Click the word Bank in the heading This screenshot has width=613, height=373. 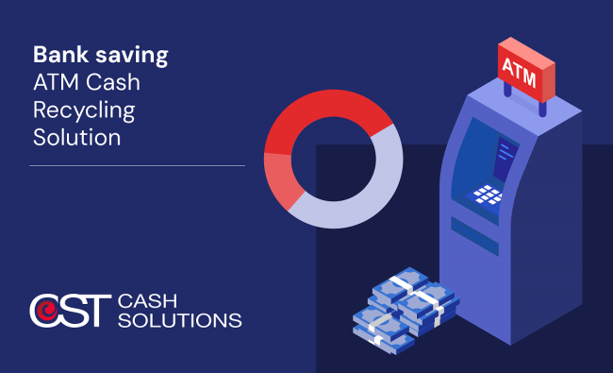pos(60,55)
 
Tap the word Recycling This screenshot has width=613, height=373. pos(84,111)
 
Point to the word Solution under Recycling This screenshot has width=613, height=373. pos(77,137)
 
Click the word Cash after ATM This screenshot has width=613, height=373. pos(112,82)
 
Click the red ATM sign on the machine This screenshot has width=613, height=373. pos(526,70)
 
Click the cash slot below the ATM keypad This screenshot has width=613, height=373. pos(474,236)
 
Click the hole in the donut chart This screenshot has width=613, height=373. pos(334,159)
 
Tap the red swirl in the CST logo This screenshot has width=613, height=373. pos(47,311)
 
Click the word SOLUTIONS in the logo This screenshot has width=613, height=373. pos(180,320)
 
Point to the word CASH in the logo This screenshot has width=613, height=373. pos(147,301)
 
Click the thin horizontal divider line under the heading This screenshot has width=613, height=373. pos(138,165)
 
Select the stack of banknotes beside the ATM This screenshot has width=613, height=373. pos(406,311)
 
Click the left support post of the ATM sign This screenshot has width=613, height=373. pos(507,90)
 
